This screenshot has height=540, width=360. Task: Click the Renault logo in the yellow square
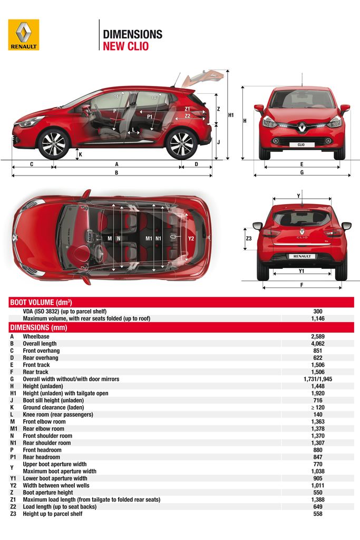[23, 35]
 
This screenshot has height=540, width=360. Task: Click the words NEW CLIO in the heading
[125, 46]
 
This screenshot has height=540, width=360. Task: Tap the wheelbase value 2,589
[317, 336]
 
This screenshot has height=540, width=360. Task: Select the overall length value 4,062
[317, 343]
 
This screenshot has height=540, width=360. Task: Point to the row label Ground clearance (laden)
[58, 407]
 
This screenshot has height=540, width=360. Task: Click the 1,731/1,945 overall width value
[317, 379]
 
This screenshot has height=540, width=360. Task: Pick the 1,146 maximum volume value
[317, 319]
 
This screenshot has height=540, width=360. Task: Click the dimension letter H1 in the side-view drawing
[231, 114]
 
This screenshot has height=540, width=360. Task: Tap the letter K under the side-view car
[80, 155]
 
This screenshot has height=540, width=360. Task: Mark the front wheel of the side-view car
[53, 143]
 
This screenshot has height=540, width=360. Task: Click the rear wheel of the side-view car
[181, 143]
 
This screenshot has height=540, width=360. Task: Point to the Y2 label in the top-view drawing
[191, 238]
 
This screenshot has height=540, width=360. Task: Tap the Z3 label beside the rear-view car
[249, 238]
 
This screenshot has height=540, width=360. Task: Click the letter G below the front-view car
[301, 172]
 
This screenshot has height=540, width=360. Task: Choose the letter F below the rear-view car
[301, 285]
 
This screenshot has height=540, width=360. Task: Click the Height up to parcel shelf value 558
[317, 514]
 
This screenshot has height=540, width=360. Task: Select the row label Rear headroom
[42, 457]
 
